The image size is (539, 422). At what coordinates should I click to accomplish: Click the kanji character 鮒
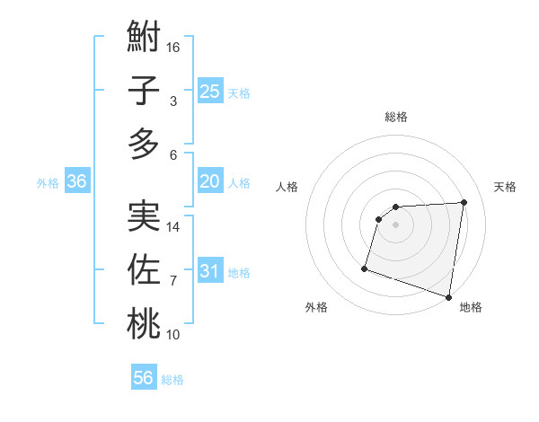144,39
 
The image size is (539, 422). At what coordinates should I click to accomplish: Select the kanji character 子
144,92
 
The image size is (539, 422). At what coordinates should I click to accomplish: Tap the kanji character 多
144,144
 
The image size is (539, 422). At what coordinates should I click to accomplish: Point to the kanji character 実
144,216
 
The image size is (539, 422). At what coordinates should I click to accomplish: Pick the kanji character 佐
144,270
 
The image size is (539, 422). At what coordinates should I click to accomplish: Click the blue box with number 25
209,91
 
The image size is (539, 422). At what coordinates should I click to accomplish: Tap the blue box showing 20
209,181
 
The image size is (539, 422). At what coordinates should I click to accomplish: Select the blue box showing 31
209,271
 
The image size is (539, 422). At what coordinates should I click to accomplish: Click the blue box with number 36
76,181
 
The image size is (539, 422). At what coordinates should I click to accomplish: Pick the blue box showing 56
144,378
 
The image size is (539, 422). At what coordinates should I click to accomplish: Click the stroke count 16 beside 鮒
173,47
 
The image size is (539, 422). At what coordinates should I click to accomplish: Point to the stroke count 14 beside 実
173,227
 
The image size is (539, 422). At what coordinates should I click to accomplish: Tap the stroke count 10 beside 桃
173,335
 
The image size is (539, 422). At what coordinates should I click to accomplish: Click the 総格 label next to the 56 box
172,380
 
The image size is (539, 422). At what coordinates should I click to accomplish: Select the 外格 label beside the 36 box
48,183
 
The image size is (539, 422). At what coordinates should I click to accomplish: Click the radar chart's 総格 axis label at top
395,117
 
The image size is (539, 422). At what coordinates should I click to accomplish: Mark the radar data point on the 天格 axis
464,202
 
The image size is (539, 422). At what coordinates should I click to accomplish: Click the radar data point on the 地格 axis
448,296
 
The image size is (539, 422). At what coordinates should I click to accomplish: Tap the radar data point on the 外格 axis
365,268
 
